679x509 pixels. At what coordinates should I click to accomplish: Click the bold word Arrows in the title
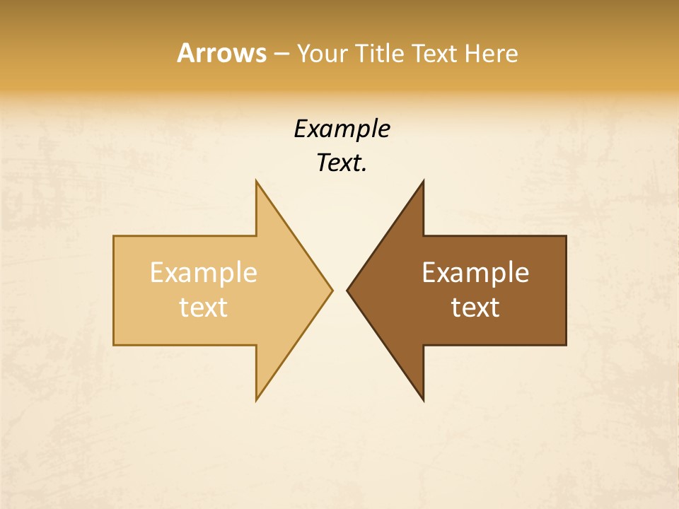221,53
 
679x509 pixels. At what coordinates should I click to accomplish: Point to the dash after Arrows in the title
281,54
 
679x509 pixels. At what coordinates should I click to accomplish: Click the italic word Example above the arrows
342,129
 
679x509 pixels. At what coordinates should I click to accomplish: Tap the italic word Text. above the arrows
342,163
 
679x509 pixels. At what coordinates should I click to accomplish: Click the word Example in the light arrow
204,273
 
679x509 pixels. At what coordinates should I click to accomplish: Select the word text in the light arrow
204,307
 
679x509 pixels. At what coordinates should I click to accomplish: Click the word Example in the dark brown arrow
475,273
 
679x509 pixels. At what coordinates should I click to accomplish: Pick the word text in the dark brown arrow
475,307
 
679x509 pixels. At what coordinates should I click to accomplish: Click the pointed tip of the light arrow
332,290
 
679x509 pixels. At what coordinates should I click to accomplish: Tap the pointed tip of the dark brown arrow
347,290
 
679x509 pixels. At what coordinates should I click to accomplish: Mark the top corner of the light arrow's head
256,181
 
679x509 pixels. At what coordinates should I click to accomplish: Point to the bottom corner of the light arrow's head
256,400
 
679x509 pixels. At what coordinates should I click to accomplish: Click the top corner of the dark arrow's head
423,181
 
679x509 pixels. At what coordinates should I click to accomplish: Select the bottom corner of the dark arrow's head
423,400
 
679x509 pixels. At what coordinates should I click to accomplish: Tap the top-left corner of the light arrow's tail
114,236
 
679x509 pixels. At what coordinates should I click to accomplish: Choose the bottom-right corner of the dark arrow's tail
566,345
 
